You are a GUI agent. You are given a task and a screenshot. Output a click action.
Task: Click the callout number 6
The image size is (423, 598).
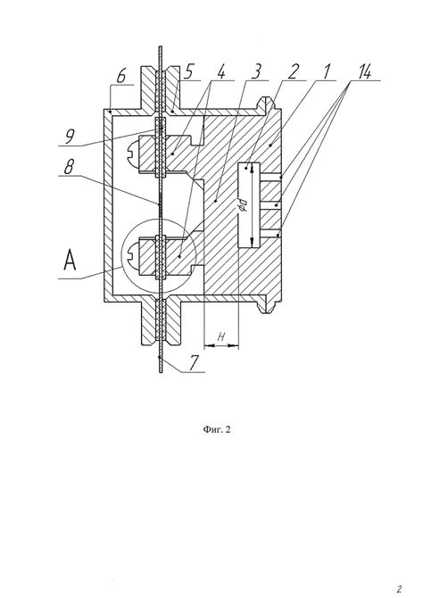(x=121, y=76)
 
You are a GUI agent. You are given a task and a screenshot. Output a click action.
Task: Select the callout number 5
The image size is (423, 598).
(x=190, y=71)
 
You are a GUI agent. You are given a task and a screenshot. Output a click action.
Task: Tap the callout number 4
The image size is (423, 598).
(x=220, y=71)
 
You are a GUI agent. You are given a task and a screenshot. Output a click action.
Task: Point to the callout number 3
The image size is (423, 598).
(x=256, y=71)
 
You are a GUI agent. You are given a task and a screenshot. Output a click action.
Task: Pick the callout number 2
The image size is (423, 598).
(x=293, y=71)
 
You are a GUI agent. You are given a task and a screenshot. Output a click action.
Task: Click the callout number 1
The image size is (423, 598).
(x=326, y=71)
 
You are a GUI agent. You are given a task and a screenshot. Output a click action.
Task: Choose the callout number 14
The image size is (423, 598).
(x=363, y=71)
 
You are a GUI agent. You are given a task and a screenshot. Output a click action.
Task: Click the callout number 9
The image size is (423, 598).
(x=70, y=137)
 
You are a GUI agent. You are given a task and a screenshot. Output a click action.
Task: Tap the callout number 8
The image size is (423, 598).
(x=69, y=167)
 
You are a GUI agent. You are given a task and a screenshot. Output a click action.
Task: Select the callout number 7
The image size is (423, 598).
(x=195, y=362)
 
